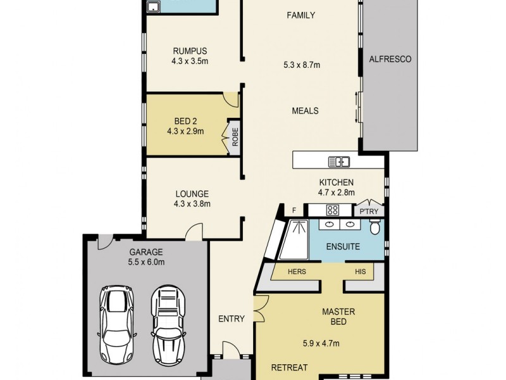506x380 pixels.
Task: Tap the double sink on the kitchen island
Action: click(339, 161)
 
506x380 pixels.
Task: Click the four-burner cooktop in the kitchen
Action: click(333, 210)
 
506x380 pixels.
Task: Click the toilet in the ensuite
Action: click(376, 227)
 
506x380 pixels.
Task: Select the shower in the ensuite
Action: click(295, 239)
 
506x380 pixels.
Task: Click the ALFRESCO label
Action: click(390, 60)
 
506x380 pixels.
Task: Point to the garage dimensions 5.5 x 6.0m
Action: click(147, 262)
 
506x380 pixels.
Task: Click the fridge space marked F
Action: click(293, 210)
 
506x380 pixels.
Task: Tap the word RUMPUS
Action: click(190, 51)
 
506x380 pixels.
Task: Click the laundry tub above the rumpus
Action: click(153, 7)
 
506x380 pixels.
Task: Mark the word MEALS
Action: click(305, 111)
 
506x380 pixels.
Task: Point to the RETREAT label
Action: click(289, 367)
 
